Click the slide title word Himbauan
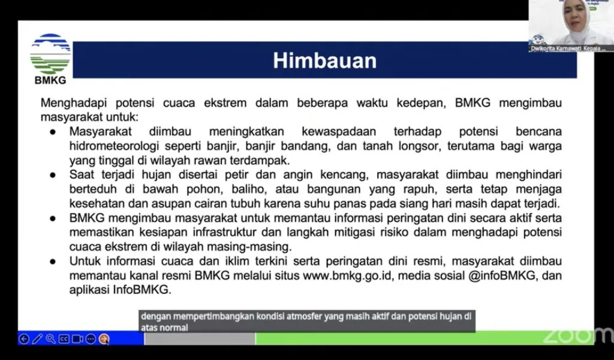tap(324, 61)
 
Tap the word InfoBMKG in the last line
tap(145, 290)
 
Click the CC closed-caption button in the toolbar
tap(64, 339)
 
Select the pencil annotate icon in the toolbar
tap(37, 339)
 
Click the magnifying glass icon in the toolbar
tap(50, 339)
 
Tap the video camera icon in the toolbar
tap(77, 339)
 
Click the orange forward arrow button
tap(104, 339)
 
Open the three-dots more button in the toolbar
tap(91, 339)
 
